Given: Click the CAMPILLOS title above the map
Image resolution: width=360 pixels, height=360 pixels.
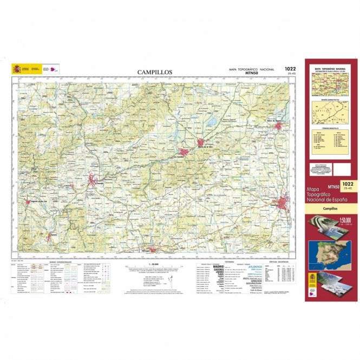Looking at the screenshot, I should [154, 72].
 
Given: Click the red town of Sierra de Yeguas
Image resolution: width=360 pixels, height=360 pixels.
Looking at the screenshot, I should [278, 126].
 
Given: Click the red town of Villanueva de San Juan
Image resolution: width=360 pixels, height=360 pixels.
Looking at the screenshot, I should [49, 237].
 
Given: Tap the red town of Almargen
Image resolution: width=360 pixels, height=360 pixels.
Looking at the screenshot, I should [153, 250].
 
